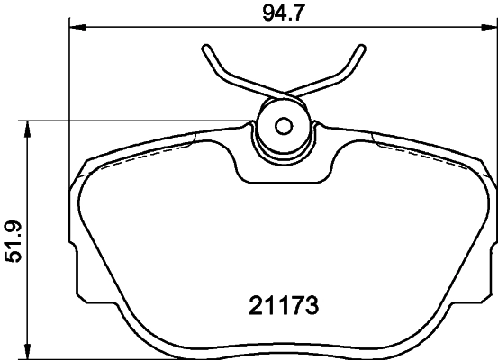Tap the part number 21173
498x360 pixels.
tap(284, 307)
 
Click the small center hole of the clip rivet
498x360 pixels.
tap(283, 126)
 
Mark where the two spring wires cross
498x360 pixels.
tap(284, 93)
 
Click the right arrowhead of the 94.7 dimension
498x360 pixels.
tap(491, 30)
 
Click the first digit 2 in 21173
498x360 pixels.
tap(254, 307)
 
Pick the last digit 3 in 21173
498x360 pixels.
tap(313, 307)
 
